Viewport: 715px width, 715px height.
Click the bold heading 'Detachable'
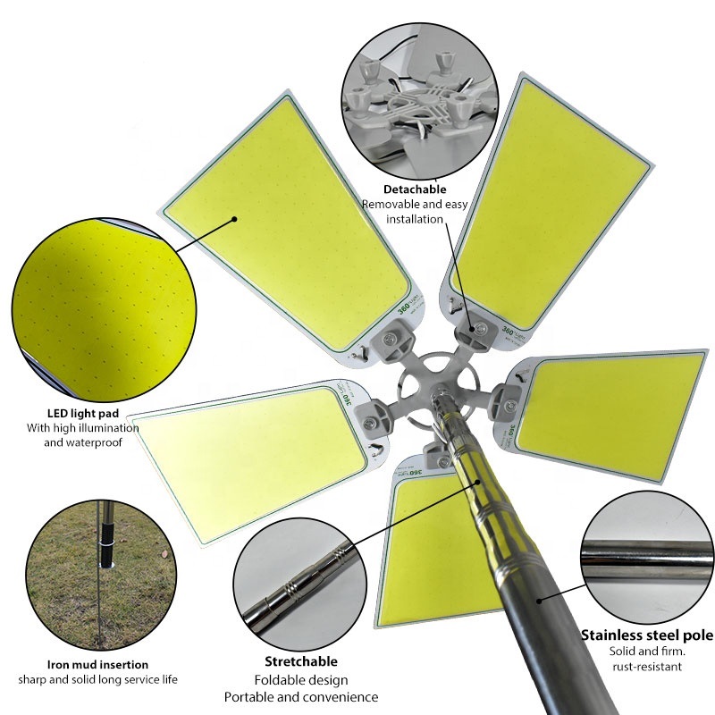[x=415, y=189]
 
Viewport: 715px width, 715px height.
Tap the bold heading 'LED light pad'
[x=83, y=414]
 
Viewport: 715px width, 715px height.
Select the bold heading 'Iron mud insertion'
[x=97, y=664]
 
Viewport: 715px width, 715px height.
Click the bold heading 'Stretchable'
[x=300, y=661]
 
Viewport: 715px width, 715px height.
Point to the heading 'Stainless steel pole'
[x=647, y=635]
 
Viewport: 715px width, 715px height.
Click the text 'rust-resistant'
[x=647, y=666]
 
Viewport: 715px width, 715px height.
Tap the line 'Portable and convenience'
[x=300, y=696]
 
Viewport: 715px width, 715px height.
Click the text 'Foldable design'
[x=300, y=679]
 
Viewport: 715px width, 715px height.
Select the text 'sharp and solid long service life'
[x=97, y=679]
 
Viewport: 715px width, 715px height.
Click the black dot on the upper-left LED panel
[x=235, y=217]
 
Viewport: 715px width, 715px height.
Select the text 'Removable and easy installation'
[x=415, y=211]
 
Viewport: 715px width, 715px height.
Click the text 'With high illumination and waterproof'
[x=83, y=435]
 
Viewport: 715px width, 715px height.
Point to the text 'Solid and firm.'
[x=647, y=652]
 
